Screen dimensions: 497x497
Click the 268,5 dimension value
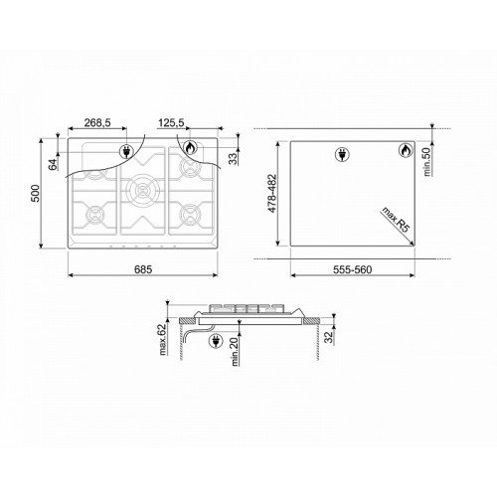pyautogui.click(x=97, y=122)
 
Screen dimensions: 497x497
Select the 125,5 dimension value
pyautogui.click(x=171, y=122)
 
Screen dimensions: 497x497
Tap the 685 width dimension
pyautogui.click(x=143, y=269)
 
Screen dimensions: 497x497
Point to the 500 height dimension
pyautogui.click(x=35, y=193)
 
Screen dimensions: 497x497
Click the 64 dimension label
pyautogui.click(x=53, y=165)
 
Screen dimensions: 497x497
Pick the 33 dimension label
pyautogui.click(x=234, y=159)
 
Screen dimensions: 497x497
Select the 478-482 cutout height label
pyautogui.click(x=271, y=193)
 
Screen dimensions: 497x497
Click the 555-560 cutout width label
pyautogui.click(x=352, y=269)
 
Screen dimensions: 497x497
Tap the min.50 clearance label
pyautogui.click(x=427, y=161)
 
